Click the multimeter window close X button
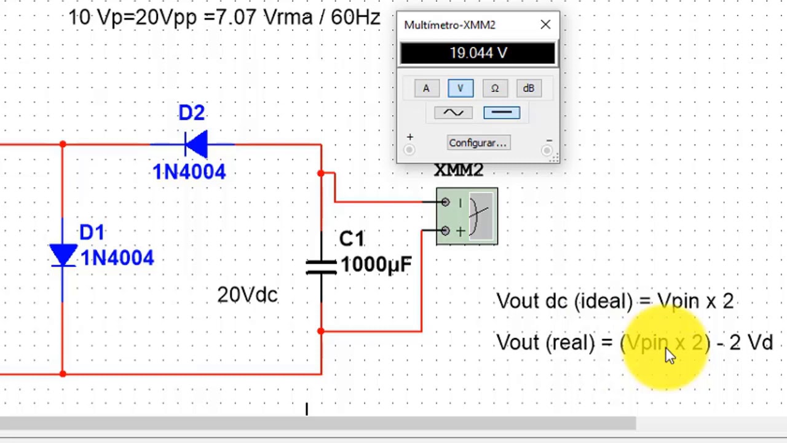[x=545, y=25]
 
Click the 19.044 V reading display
[x=478, y=54]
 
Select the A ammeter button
[x=426, y=89]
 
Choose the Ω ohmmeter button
[x=494, y=89]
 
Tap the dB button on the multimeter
[x=529, y=89]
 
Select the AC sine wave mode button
[x=453, y=113]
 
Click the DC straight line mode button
[x=501, y=113]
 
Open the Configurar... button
[x=478, y=143]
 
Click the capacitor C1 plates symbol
[x=321, y=266]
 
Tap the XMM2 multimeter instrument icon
[x=467, y=217]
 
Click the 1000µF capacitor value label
[x=376, y=265]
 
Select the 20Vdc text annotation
[x=247, y=295]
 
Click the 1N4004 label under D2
[x=189, y=172]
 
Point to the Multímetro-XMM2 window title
[x=449, y=25]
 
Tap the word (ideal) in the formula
[x=603, y=301]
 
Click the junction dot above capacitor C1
[x=321, y=174]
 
